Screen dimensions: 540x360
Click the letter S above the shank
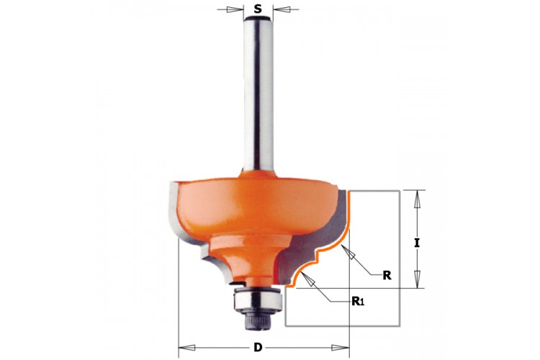[x=258, y=9]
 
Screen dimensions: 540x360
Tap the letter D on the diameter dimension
[x=258, y=348]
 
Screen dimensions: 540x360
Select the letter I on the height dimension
[x=417, y=243]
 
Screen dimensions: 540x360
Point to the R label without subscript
[x=387, y=275]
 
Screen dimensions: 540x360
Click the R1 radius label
[x=357, y=302]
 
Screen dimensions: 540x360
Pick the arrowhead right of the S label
[x=280, y=9]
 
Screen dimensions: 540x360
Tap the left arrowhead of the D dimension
[x=186, y=348]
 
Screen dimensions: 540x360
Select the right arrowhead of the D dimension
[x=341, y=348]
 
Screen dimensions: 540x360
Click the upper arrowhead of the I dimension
[x=417, y=199]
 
